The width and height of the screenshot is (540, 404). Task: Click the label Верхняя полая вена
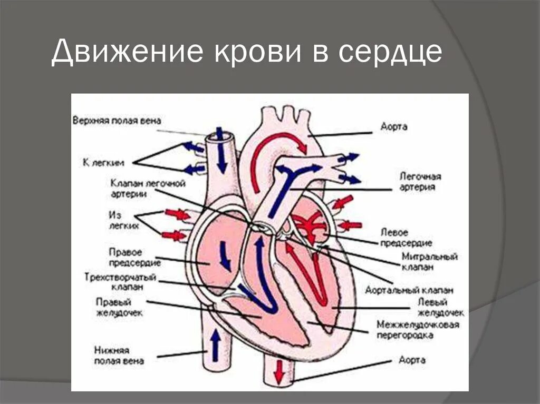coord(117,121)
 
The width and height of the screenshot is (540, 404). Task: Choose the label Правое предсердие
coord(126,258)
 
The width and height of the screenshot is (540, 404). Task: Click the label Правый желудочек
coord(113,307)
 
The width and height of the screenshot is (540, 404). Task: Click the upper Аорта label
coord(393,127)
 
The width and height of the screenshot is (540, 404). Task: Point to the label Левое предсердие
coord(406,238)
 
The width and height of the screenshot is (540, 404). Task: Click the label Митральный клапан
coord(422,262)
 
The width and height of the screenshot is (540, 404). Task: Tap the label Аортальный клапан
coord(409,290)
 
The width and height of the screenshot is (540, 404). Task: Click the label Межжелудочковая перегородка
coord(418,330)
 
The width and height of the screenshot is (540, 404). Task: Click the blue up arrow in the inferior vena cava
coord(216,344)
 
